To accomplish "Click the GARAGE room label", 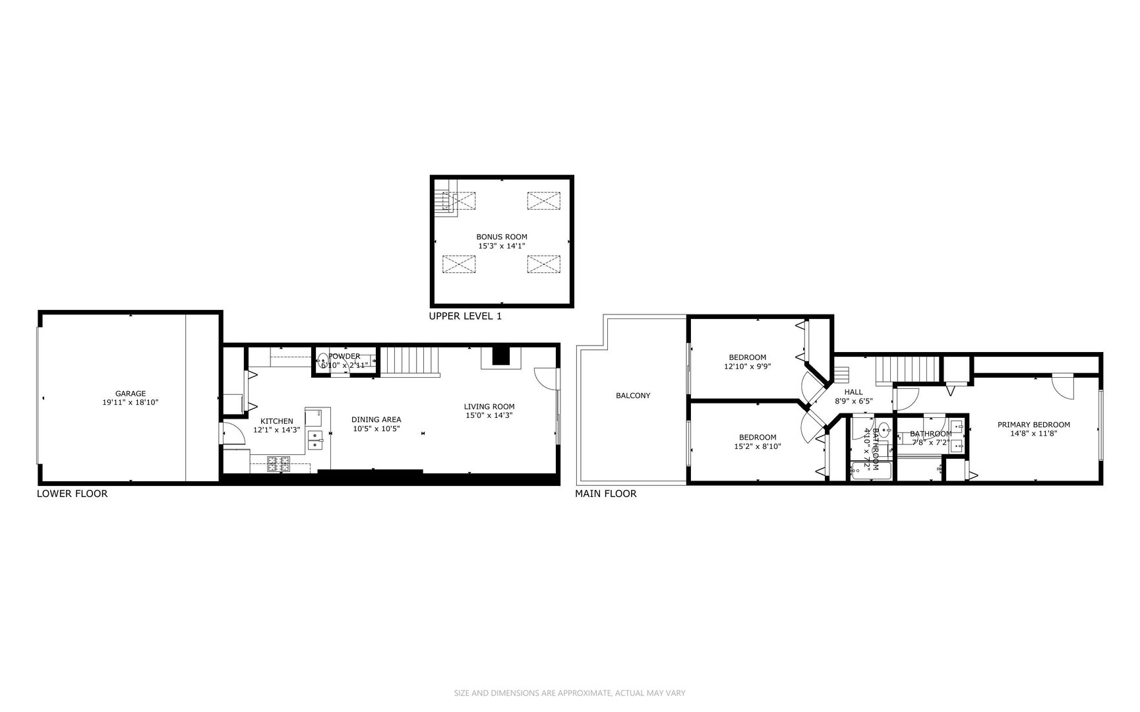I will pyautogui.click(x=130, y=394).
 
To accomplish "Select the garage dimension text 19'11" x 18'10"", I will pyautogui.click(x=130, y=402).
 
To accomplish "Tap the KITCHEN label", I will pyautogui.click(x=276, y=421).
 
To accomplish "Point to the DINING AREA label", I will pyautogui.click(x=376, y=419).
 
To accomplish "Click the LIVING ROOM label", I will pyautogui.click(x=489, y=407).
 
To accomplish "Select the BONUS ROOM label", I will pyautogui.click(x=502, y=237).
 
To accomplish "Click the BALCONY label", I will pyautogui.click(x=632, y=396).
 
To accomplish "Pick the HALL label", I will pyautogui.click(x=853, y=392).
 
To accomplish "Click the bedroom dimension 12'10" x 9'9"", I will pyautogui.click(x=747, y=366).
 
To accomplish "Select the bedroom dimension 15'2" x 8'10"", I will pyautogui.click(x=757, y=446).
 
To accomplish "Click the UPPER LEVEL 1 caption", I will pyautogui.click(x=465, y=316).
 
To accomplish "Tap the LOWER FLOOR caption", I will pyautogui.click(x=72, y=493).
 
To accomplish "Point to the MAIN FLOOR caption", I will pyautogui.click(x=605, y=493).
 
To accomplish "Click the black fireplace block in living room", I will pyautogui.click(x=502, y=355).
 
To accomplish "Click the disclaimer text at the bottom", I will pyautogui.click(x=570, y=693).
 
